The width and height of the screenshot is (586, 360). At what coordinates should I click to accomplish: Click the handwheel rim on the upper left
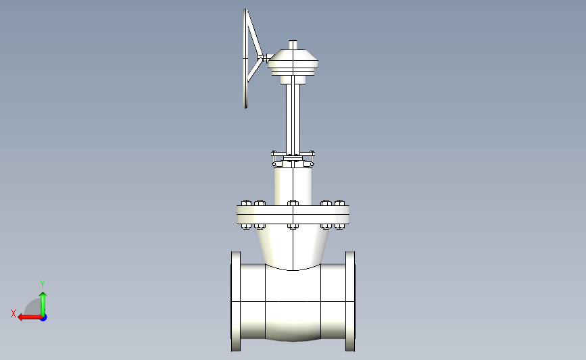[245, 59]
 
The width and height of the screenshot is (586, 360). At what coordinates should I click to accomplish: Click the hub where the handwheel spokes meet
[260, 57]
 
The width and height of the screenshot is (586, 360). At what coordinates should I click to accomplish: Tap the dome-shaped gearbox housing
[293, 60]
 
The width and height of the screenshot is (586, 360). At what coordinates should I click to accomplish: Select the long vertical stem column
[293, 118]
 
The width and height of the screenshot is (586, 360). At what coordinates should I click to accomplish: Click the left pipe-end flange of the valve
[236, 301]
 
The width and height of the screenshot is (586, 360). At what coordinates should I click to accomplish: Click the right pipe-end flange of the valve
[350, 301]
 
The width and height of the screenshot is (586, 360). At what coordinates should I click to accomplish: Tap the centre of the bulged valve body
[293, 303]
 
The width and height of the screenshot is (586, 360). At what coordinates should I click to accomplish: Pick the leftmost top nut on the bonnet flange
[246, 203]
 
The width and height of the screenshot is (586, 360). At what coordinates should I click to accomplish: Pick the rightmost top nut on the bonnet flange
[339, 203]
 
